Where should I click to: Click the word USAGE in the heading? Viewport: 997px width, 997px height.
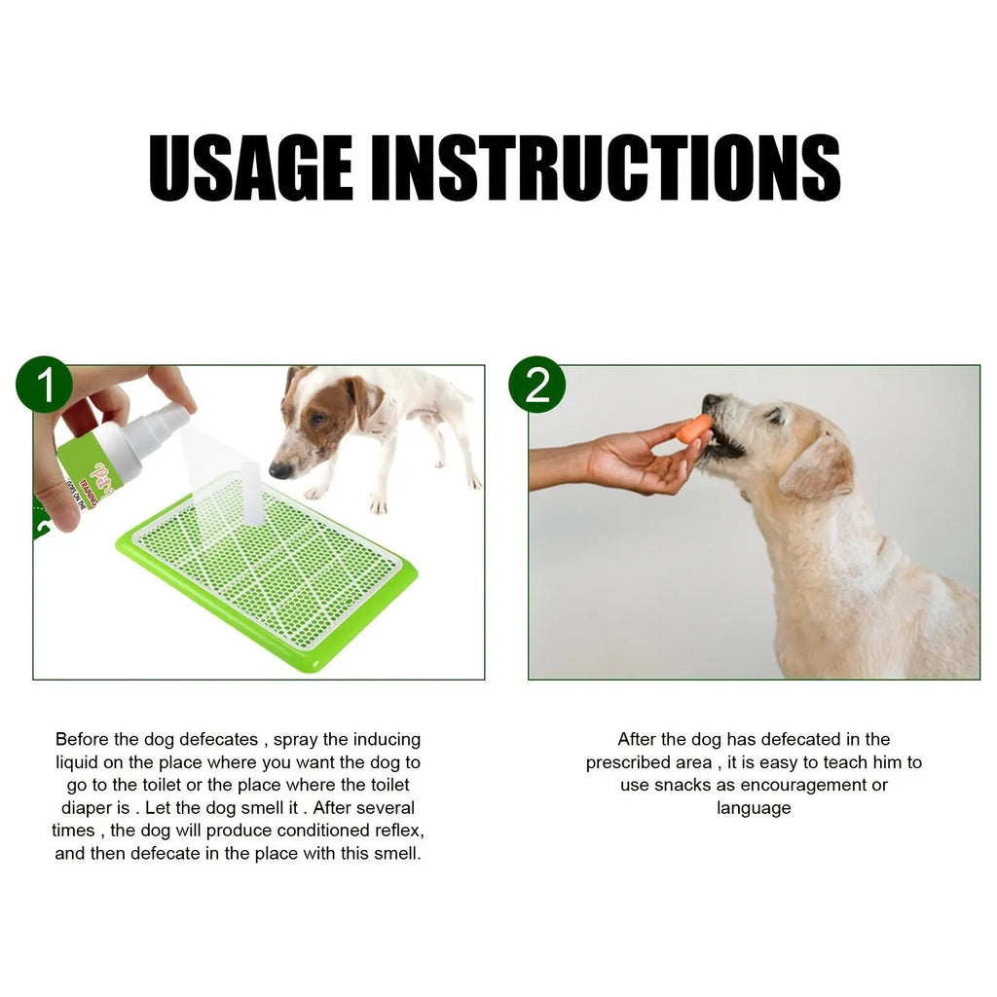coord(251,167)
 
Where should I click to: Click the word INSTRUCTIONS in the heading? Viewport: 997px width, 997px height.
coord(606,167)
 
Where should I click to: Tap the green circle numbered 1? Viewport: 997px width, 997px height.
coord(44,385)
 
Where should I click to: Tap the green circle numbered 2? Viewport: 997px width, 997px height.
coord(536,385)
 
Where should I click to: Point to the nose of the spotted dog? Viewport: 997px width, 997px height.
coord(279,470)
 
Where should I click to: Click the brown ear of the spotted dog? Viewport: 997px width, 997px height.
coord(365,399)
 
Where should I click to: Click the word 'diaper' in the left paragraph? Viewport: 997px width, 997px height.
coord(83,808)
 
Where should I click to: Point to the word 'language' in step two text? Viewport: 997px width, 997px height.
coord(754,808)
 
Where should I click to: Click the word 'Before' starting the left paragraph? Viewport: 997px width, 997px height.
coord(82,740)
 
